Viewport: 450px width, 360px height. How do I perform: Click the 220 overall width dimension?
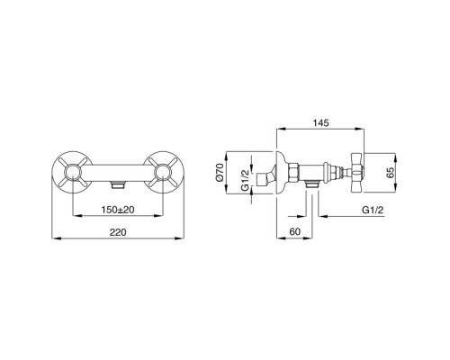pos(118,232)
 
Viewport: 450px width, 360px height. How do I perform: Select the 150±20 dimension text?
pos(118,210)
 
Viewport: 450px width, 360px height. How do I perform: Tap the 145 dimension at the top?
pos(320,122)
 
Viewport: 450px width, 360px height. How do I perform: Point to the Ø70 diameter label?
pos(220,173)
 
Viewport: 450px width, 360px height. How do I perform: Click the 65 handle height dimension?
pos(390,173)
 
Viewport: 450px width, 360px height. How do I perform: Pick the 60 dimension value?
pos(295,231)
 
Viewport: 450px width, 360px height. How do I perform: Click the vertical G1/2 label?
pos(245,180)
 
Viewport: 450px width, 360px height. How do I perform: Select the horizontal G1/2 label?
pos(373,210)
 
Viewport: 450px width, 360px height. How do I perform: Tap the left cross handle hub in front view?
pos(73,173)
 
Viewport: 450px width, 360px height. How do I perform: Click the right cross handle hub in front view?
pos(163,173)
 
